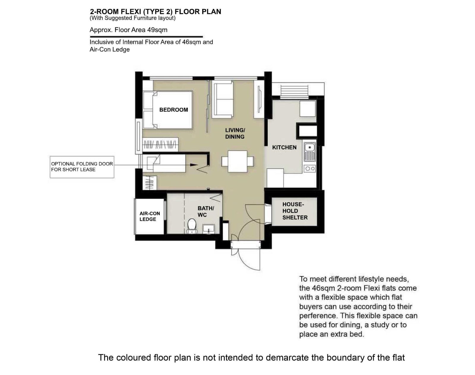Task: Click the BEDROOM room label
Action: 173,110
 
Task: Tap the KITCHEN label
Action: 284,147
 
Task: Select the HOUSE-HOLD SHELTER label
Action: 295,211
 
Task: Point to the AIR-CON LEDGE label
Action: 150,216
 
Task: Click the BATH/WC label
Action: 206,211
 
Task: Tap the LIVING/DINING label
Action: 235,133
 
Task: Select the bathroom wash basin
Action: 209,229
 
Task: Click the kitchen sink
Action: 310,152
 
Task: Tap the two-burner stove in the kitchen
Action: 310,169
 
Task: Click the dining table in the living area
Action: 237,161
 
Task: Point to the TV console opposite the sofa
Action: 259,99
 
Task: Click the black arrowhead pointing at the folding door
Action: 194,165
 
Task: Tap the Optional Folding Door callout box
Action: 82,167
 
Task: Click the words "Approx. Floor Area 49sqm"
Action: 129,30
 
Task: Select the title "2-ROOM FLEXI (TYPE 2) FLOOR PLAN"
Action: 155,12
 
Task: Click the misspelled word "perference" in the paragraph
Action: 318,316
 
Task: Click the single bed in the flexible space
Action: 164,163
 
